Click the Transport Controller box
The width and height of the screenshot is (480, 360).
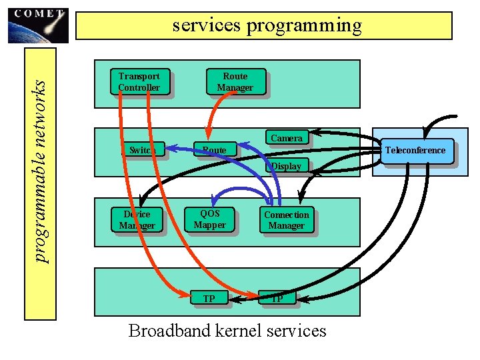[x=139, y=81]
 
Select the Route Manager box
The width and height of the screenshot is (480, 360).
[x=235, y=81]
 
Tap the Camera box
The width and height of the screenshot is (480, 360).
[x=286, y=137]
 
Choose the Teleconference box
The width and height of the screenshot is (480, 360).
[x=415, y=150]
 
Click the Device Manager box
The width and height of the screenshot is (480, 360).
[x=137, y=219]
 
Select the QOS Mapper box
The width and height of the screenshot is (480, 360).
[x=209, y=219]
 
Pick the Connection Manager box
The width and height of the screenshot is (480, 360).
[x=286, y=220]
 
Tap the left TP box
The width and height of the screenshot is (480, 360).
[x=209, y=299]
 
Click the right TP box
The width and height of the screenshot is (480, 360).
[x=277, y=299]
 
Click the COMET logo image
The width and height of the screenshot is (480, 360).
[x=38, y=25]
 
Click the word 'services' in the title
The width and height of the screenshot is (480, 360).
[x=207, y=26]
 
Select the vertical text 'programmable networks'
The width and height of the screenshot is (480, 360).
[x=41, y=171]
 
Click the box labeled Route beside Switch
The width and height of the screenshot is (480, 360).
[x=214, y=150]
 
